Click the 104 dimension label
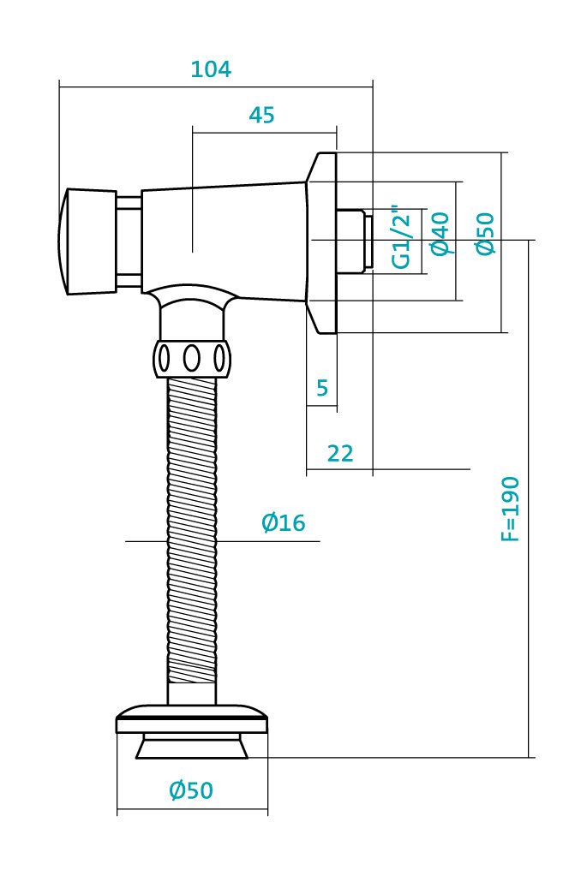(211, 69)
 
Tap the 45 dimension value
(261, 115)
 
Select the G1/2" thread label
(401, 237)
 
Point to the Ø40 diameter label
(440, 234)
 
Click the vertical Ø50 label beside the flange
(485, 234)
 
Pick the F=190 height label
(510, 509)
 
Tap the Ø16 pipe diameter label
(284, 523)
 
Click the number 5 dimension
(322, 387)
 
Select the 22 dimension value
(340, 453)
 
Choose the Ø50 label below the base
(191, 790)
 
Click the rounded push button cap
(87, 241)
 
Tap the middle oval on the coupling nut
(192, 358)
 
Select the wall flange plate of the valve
(321, 242)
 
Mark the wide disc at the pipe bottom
(192, 719)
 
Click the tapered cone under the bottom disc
(192, 747)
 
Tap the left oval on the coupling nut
(164, 358)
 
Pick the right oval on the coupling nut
(219, 358)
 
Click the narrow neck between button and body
(129, 241)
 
